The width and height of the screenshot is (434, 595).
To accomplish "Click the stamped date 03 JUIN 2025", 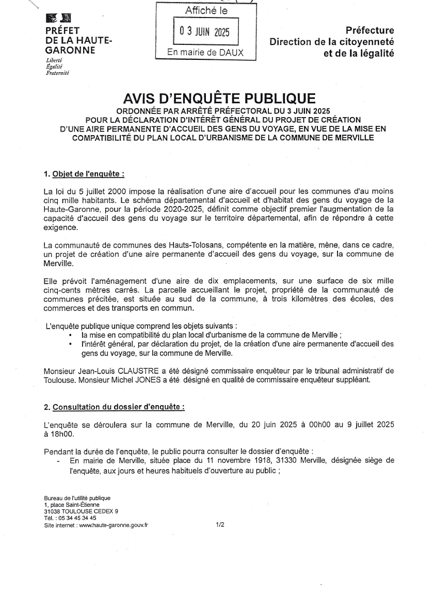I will pyautogui.click(x=205, y=33).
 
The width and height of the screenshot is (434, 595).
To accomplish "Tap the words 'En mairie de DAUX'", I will pyautogui.click(x=205, y=53).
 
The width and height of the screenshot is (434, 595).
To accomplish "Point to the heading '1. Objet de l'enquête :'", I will pyautogui.click(x=84, y=174).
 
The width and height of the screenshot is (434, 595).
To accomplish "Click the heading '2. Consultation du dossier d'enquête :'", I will pyautogui.click(x=115, y=407).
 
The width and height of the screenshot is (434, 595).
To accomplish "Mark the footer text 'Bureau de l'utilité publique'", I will pyautogui.click(x=77, y=498).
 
